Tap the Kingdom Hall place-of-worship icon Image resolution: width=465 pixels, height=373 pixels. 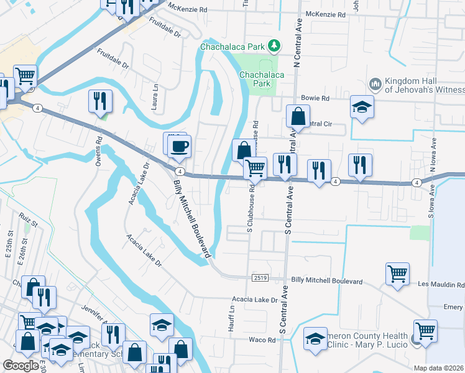(375, 84)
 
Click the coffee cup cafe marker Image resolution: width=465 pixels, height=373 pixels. (180, 146)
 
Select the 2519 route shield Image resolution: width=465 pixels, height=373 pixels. (260, 277)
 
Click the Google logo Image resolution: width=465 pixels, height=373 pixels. (21, 366)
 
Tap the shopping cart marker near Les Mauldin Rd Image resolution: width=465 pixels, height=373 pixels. (397, 274)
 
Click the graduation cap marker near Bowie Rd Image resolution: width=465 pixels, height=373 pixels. (362, 107)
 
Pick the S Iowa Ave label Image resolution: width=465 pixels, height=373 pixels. (430, 201)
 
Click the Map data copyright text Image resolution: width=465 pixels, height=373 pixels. (439, 368)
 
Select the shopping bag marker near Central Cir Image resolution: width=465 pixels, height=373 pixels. (298, 116)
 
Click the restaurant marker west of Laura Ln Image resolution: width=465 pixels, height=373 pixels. (100, 101)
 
